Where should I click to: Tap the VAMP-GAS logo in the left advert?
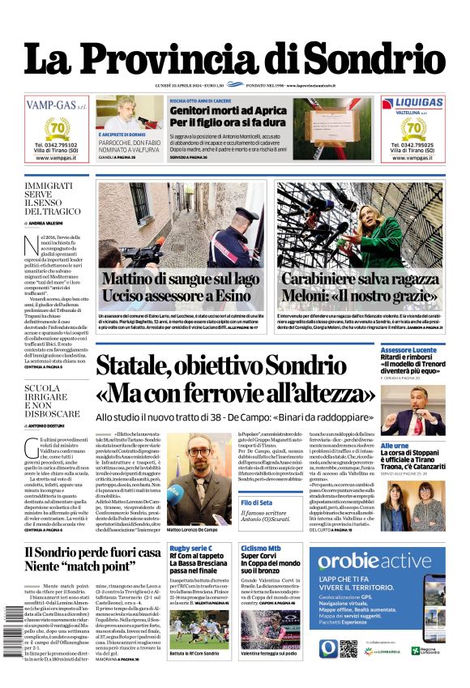[56, 105]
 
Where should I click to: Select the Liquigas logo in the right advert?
[413, 104]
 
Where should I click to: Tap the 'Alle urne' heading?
[395, 446]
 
